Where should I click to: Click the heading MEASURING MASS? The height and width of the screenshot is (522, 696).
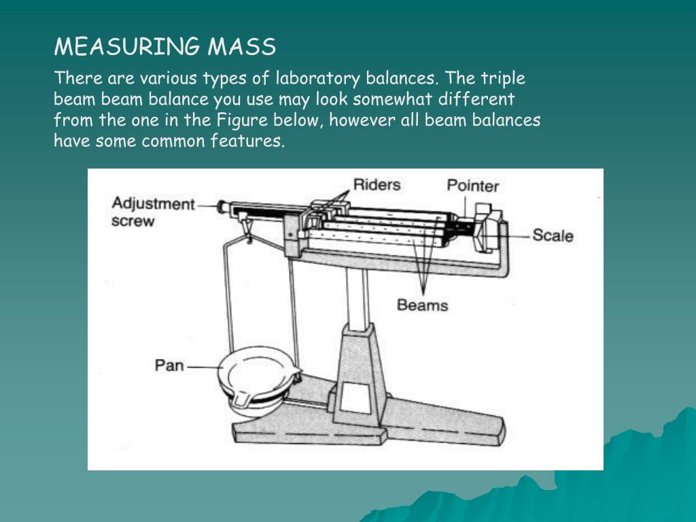[165, 47]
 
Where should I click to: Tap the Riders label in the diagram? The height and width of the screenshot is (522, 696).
[377, 184]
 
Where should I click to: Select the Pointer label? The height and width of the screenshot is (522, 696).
[472, 186]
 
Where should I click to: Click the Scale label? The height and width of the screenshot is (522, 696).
[553, 236]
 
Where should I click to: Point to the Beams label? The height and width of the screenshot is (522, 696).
[422, 304]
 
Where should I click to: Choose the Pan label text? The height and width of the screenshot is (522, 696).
[169, 366]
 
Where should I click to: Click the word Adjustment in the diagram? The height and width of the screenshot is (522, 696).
[153, 204]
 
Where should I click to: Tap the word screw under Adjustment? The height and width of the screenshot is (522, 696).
[133, 221]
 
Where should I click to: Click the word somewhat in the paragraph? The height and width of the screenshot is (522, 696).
[400, 99]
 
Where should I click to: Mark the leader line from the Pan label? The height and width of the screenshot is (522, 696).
[202, 367]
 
